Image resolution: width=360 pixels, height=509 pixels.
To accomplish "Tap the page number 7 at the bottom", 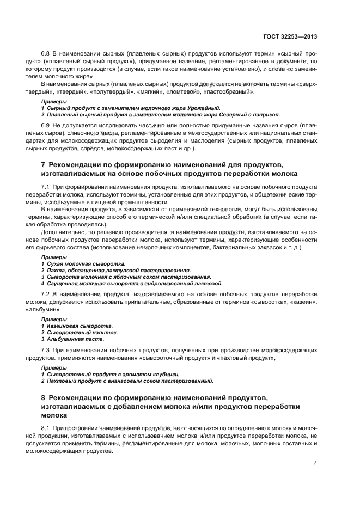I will pyautogui.click(x=315, y=462).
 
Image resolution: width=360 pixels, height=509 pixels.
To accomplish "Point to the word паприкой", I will pyautogui.click(x=266, y=115).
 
